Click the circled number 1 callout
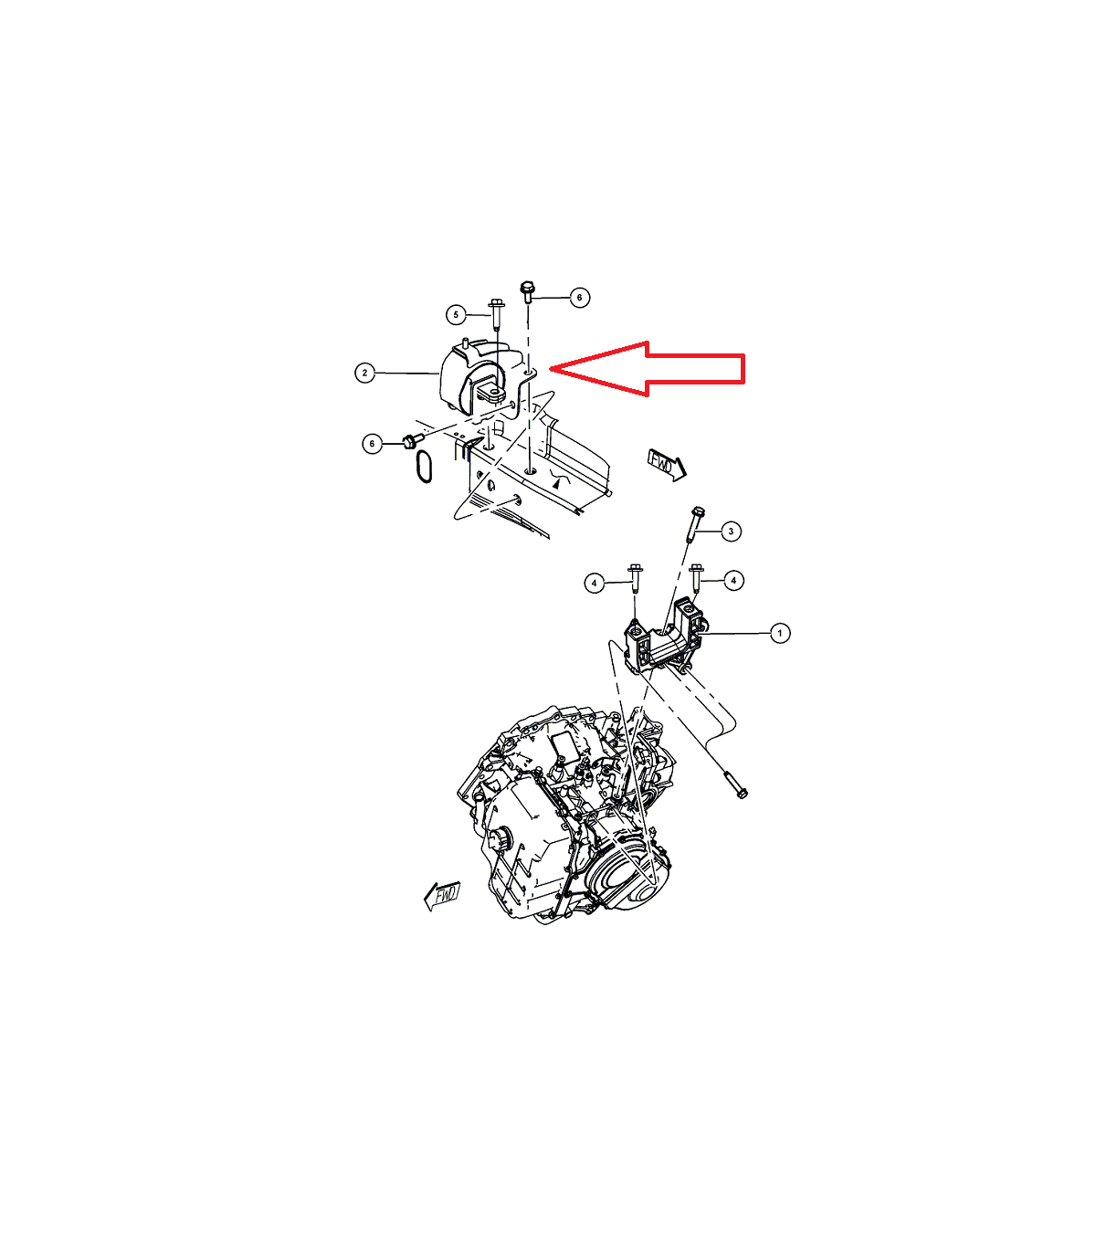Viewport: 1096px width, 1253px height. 779,633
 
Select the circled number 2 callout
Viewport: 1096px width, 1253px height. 365,373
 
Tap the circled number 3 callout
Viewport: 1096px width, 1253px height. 731,531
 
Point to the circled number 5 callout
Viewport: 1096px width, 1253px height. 456,315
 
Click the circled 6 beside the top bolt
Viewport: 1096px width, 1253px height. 579,298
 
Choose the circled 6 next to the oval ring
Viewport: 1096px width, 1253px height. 373,443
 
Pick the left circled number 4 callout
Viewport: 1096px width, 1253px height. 594,583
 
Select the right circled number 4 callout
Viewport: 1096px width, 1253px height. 733,580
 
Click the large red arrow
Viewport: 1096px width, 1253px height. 647,369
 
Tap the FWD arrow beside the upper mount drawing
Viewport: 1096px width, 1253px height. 667,465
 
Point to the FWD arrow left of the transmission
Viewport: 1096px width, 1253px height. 442,896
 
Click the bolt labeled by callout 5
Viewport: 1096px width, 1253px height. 497,315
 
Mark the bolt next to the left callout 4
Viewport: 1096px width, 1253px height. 635,579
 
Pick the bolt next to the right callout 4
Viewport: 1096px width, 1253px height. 696,579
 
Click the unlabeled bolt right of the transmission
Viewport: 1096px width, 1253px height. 735,785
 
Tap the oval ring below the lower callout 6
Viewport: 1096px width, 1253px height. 424,467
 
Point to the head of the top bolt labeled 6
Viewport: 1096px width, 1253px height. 527,287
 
